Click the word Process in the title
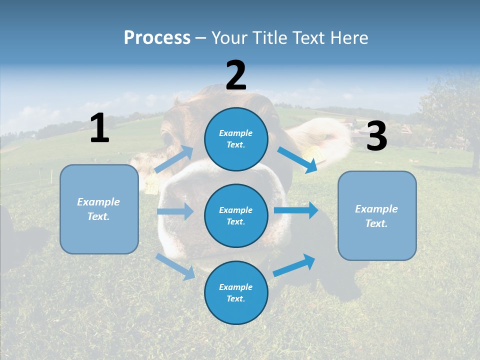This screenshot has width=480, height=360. pos(157,37)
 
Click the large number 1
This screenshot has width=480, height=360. pos(99,128)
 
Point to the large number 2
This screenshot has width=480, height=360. pos(236,75)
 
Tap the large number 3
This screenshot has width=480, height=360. pos(376,136)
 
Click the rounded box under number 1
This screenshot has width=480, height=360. pos(99,209)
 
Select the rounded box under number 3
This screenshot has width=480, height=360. pos(377,215)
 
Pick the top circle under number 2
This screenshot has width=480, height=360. pos(236,138)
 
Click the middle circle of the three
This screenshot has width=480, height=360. pos(236,215)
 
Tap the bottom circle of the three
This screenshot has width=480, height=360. pos(236,292)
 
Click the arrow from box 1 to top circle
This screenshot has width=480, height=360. pos(174,159)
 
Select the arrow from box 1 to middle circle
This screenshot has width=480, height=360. pos(175,211)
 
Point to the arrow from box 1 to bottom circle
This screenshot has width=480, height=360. pos(175,266)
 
